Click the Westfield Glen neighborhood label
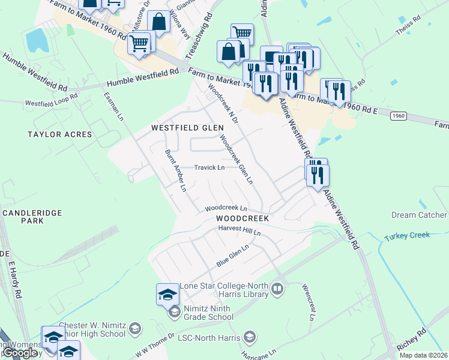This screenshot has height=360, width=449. click(x=187, y=128)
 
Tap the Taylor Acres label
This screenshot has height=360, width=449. click(x=60, y=134)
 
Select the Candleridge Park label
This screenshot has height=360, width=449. click(x=23, y=217)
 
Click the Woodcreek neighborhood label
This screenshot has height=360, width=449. click(x=243, y=219)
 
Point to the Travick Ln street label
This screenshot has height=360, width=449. click(x=209, y=167)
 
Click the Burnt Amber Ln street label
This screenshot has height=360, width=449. click(x=176, y=170)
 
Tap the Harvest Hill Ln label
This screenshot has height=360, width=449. click(x=240, y=230)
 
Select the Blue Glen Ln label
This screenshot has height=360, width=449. click(x=232, y=256)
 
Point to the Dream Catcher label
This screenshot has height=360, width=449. click(x=420, y=215)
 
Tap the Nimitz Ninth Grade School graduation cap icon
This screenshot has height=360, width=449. click(x=173, y=311)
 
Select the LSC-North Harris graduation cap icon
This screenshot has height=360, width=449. click(x=251, y=338)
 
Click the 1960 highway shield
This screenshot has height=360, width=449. click(x=400, y=115)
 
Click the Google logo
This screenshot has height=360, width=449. click(x=20, y=353)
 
